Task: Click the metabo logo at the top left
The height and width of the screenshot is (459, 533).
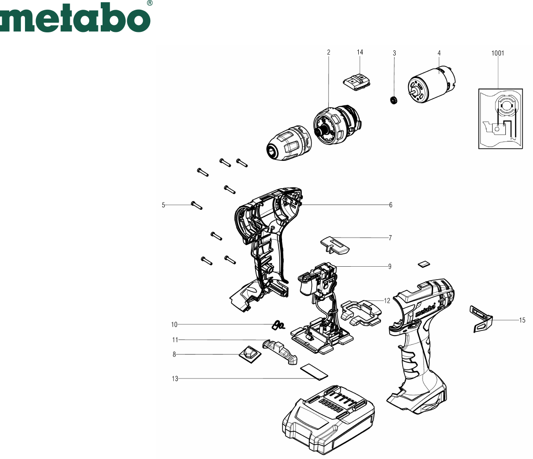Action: (75, 17)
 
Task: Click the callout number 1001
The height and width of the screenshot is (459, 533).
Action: (498, 53)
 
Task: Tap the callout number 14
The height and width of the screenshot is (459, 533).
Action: (360, 52)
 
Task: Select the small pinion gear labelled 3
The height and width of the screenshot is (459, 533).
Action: (394, 100)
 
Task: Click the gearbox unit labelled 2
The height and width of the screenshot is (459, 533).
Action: (337, 125)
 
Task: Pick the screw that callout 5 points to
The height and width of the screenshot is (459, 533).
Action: (197, 205)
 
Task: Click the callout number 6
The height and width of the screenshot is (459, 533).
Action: (391, 205)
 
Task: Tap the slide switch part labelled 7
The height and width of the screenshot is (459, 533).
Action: (335, 245)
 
